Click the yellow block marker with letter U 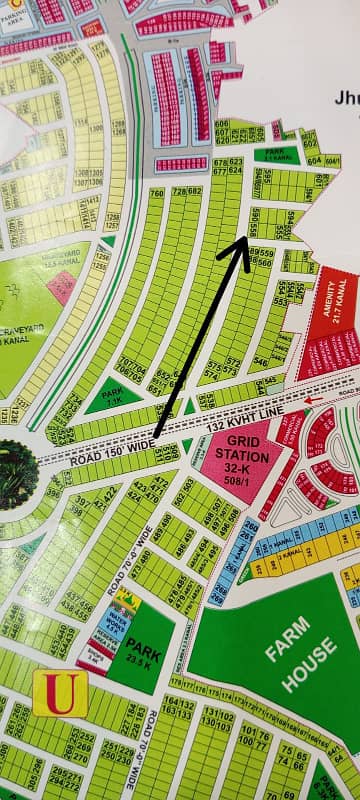pyautogui.click(x=60, y=694)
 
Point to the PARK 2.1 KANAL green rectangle pyautogui.click(x=277, y=154)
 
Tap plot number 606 pyautogui.click(x=221, y=124)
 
